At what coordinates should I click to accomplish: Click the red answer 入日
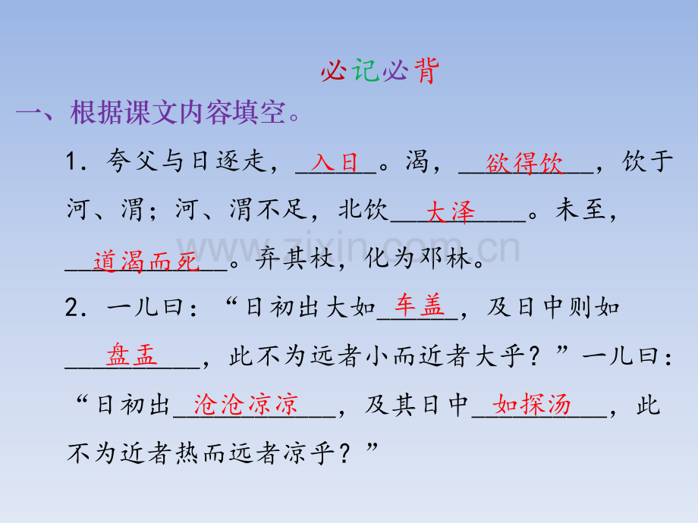pyautogui.click(x=335, y=162)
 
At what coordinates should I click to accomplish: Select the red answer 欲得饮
pyautogui.click(x=524, y=163)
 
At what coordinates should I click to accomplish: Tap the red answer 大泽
pyautogui.click(x=450, y=211)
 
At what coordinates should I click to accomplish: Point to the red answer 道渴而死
pyautogui.click(x=146, y=261)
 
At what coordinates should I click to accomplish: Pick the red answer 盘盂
pyautogui.click(x=132, y=355)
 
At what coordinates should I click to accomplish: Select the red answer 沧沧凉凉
pyautogui.click(x=246, y=404)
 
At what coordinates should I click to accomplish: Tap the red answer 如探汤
pyautogui.click(x=532, y=404)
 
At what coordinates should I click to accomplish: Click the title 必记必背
pyautogui.click(x=379, y=70)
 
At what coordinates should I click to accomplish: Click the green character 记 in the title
pyautogui.click(x=366, y=70)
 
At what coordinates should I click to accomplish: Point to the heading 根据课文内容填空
pyautogui.click(x=178, y=112)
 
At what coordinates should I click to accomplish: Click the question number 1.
pyautogui.click(x=71, y=161)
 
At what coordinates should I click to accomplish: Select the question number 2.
pyautogui.click(x=72, y=307)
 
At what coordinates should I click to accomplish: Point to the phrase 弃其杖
pyautogui.click(x=294, y=258)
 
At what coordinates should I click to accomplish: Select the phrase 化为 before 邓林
pyautogui.click(x=391, y=258)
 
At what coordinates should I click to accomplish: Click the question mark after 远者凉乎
pyautogui.click(x=344, y=453)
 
